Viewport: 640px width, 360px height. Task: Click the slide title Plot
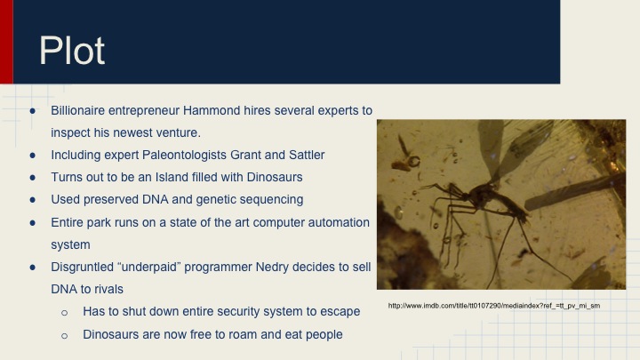click(x=71, y=51)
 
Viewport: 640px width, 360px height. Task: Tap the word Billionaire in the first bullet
click(x=83, y=109)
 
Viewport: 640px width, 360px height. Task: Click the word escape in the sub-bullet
click(x=338, y=312)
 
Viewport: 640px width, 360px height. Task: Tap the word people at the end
click(x=321, y=334)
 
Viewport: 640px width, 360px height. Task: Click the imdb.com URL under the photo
click(x=494, y=306)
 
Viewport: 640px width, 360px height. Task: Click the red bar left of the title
click(x=6, y=42)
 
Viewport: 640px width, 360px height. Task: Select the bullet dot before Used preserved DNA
click(x=33, y=199)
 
